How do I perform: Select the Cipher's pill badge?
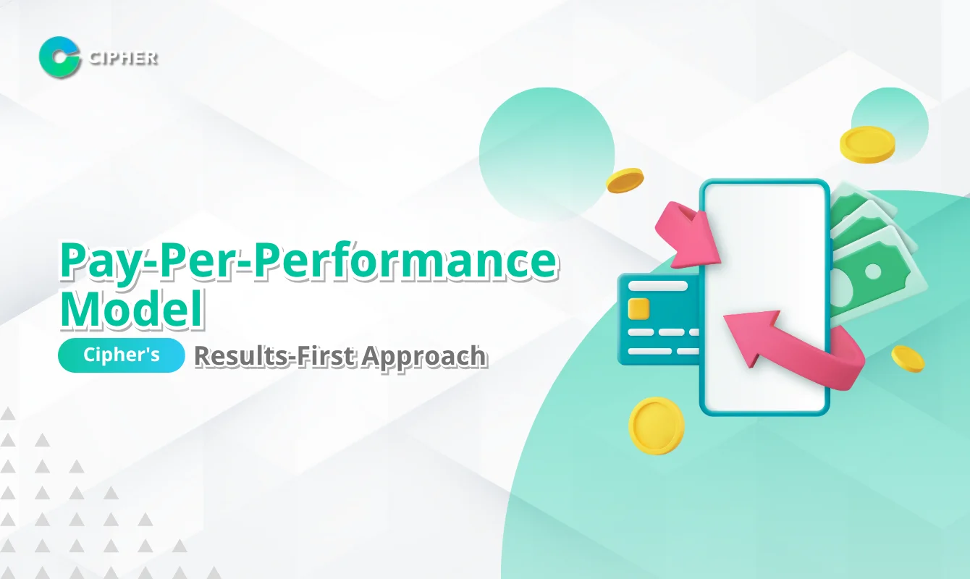[x=122, y=357]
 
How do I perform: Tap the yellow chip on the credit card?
[x=638, y=308]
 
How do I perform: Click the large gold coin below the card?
[x=656, y=425]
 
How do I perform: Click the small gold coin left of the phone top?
[x=625, y=180]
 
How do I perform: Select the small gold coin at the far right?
[x=907, y=358]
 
